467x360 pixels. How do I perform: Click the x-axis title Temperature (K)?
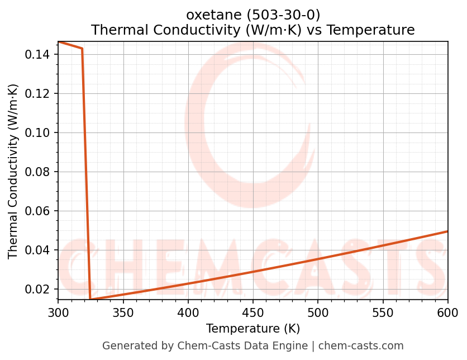click(253, 329)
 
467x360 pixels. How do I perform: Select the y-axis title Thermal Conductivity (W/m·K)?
click(13, 171)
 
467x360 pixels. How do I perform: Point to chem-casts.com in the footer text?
click(361, 346)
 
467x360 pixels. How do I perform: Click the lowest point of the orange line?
click(90, 299)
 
